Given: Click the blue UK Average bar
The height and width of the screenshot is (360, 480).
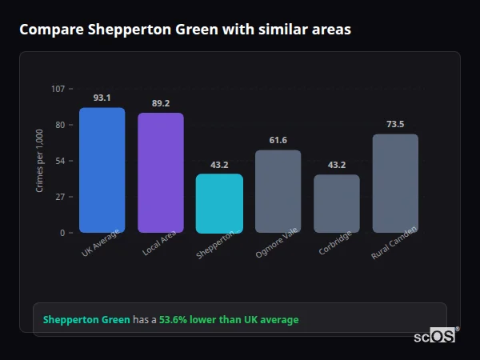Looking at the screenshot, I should pos(102,170).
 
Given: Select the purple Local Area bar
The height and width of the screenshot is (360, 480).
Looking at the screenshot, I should pos(161,173).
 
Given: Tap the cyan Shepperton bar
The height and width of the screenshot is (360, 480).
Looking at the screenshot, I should pos(219,203).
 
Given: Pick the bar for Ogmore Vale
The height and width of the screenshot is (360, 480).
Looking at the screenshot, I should pos(278,191).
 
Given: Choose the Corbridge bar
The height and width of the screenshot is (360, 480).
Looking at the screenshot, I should pos(337,203).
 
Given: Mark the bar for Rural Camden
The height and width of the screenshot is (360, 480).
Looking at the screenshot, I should pos(395,183).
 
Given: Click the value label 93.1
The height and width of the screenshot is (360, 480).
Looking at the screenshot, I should pos(102,98).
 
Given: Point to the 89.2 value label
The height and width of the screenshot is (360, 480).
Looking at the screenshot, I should pos(161,103).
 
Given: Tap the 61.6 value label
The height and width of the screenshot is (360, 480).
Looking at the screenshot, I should pos(278,141).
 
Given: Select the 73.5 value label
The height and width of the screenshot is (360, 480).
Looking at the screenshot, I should pos(395,124).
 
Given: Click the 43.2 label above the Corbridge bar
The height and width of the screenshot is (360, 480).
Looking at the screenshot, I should pos(337,165).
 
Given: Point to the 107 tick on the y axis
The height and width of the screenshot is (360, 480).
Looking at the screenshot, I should pos(58,88).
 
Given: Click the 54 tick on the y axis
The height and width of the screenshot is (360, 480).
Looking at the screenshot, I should pos(61,160).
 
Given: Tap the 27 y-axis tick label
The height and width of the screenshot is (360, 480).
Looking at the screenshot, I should pos(61,196).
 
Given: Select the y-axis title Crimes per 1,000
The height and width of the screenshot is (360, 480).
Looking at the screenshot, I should pos(40,160).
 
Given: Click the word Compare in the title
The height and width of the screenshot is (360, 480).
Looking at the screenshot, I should pos(49,30).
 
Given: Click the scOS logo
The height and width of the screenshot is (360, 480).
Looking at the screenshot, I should pos(435,336).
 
